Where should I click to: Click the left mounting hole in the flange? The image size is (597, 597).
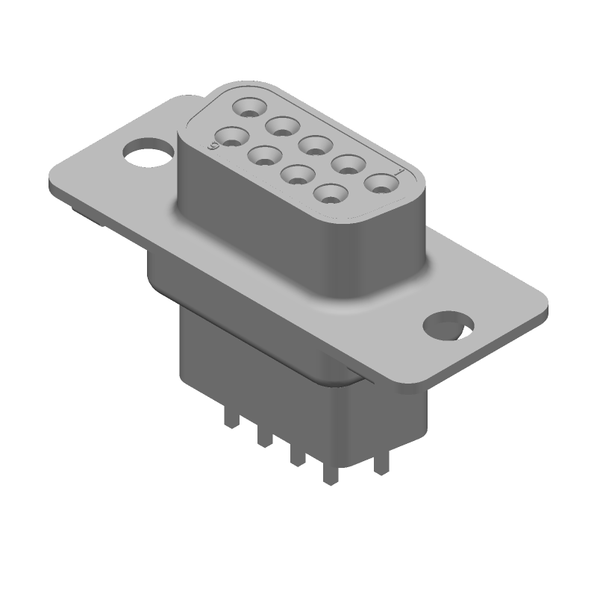click(x=148, y=154)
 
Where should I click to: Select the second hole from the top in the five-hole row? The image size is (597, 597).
click(x=281, y=126)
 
